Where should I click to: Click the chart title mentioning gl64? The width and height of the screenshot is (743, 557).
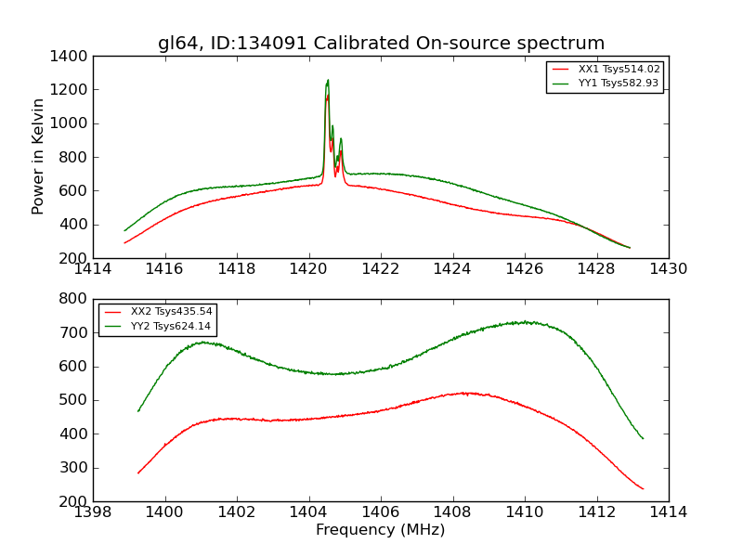pyautogui.click(x=381, y=44)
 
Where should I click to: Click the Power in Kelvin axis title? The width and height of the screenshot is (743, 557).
pyautogui.click(x=39, y=156)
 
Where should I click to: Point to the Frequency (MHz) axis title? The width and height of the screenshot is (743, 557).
pyautogui.click(x=381, y=530)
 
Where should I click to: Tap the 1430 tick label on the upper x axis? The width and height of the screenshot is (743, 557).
pyautogui.click(x=668, y=269)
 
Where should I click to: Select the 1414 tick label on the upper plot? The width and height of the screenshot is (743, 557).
pyautogui.click(x=94, y=269)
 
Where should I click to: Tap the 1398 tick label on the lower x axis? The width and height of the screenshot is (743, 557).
pyautogui.click(x=94, y=512)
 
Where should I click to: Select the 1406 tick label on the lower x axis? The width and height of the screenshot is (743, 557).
pyautogui.click(x=381, y=512)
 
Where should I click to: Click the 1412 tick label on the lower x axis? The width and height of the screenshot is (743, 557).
pyautogui.click(x=596, y=512)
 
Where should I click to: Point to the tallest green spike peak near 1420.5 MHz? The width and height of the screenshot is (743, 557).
pyautogui.click(x=328, y=80)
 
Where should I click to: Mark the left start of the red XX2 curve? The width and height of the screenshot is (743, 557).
pyautogui.click(x=138, y=473)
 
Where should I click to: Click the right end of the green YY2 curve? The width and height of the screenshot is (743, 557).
pyautogui.click(x=643, y=438)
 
